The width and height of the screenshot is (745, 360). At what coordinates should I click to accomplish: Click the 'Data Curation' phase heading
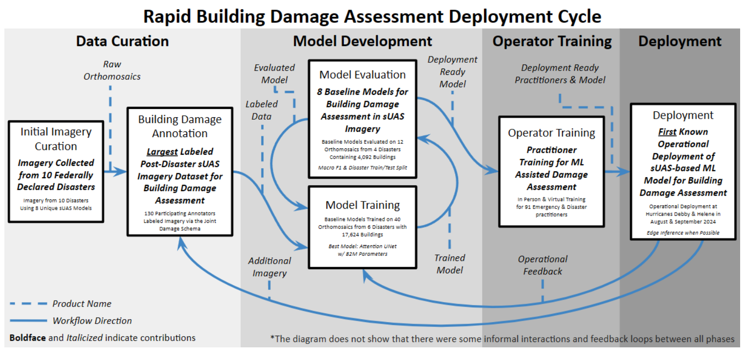point(122,41)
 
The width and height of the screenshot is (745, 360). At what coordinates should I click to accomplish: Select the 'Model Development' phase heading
point(362,41)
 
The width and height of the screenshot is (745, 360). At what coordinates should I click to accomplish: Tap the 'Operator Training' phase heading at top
point(552,41)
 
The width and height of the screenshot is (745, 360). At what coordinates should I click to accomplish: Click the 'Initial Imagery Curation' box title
point(56,139)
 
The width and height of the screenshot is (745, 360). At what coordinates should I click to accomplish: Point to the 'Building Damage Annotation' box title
point(179,126)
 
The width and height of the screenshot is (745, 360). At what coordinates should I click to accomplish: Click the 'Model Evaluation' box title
point(362,74)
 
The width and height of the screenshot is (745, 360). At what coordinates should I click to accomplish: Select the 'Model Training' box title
point(362,205)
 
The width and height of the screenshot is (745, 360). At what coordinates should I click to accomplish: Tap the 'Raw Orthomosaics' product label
point(112,70)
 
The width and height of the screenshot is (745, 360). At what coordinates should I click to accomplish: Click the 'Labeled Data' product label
point(262,110)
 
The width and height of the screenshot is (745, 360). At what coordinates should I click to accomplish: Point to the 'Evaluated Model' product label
point(274,73)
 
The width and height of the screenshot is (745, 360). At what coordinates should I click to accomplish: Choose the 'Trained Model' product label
point(450,264)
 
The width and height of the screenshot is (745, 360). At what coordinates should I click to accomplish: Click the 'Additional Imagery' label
point(269,267)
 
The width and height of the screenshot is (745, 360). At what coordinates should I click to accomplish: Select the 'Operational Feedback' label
point(542,265)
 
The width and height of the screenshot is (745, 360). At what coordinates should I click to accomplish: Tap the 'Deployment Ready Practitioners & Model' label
point(560,73)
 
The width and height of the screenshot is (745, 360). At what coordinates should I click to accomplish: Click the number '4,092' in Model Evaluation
point(377,157)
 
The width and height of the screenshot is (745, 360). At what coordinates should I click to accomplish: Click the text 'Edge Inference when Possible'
point(683,233)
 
